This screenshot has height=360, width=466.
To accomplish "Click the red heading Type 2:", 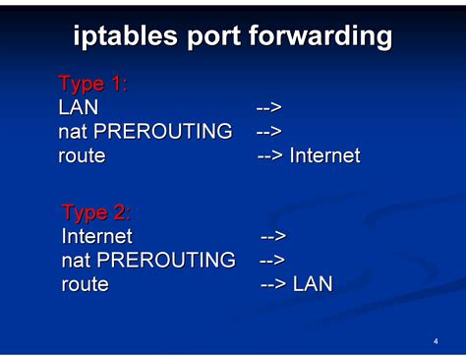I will (95, 212).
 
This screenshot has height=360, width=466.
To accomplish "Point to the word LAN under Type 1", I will (79, 107).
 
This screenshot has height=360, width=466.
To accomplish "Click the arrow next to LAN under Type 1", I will (269, 107).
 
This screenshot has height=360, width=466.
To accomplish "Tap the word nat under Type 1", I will (74, 131).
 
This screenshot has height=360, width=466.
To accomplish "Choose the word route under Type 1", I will (82, 155).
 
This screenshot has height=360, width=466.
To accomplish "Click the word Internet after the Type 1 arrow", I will (324, 155).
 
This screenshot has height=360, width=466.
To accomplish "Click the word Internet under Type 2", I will (96, 236).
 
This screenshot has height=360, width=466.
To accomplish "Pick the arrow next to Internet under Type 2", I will (273, 236).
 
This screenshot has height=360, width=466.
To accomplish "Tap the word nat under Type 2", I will (77, 261).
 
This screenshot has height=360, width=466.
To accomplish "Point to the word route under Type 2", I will (85, 284).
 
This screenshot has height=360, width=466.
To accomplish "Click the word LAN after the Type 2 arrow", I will (313, 284).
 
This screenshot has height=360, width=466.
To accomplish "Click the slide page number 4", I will (435, 341).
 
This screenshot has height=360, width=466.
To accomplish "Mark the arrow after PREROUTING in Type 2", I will (272, 261).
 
